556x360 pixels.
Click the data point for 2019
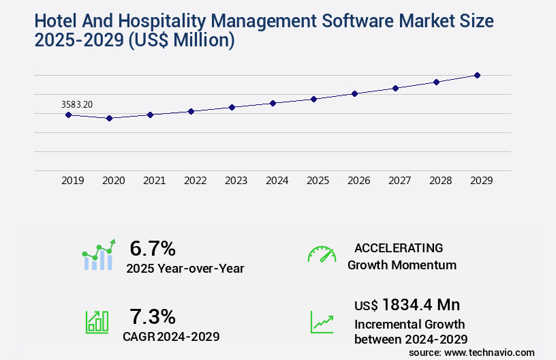[x=68, y=115]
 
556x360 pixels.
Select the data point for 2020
[x=109, y=118]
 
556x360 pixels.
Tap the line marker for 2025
[x=313, y=99]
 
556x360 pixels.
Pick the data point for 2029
[x=477, y=75]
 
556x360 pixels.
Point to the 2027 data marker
[x=395, y=88]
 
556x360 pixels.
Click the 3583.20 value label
[x=77, y=104]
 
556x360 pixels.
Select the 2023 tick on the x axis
[x=236, y=181]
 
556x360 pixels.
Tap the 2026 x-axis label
[x=358, y=181]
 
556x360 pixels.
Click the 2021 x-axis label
[x=154, y=181]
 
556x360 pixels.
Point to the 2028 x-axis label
[x=440, y=181]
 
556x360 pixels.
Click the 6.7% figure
[x=153, y=248]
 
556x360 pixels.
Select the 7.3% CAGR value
[x=153, y=316]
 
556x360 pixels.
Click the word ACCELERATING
[x=399, y=247]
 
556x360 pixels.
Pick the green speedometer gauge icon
[x=322, y=255]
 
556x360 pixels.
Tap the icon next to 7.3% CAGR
[x=97, y=322]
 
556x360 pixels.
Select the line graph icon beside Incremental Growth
[x=322, y=322]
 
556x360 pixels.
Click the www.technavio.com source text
[x=489, y=352]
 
